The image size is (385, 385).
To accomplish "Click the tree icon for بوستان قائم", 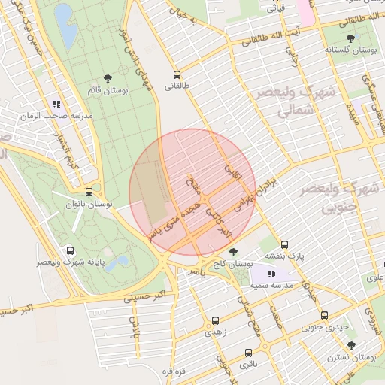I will [x=108, y=77].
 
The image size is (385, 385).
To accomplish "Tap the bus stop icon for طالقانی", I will [x=177, y=74].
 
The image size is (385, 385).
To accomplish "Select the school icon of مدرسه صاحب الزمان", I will [x=56, y=104].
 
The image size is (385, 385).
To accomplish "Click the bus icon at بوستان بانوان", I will [x=89, y=192].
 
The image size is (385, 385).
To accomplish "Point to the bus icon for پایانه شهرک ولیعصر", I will [x=70, y=251].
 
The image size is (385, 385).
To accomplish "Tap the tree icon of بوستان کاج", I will [x=234, y=252].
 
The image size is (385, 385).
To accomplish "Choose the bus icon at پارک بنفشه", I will [x=284, y=244].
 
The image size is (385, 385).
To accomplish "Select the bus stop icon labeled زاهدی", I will [x=216, y=320].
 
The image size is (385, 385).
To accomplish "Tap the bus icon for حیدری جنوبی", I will [x=324, y=315].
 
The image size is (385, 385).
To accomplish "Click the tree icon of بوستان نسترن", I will [x=351, y=345].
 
